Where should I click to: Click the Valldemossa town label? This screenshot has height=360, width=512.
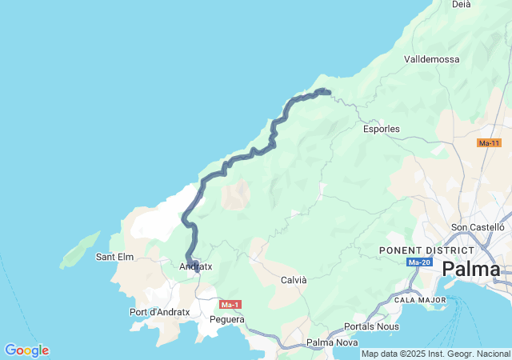[432, 59]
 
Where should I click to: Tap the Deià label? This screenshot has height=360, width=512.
[462, 4]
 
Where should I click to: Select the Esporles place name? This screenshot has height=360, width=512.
[381, 128]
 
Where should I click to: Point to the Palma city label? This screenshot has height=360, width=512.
[471, 269]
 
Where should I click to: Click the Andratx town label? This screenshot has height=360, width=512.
[196, 266]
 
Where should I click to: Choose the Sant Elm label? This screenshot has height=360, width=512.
[114, 257]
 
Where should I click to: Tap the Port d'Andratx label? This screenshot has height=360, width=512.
[159, 312]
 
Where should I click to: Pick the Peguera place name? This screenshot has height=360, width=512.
[226, 319]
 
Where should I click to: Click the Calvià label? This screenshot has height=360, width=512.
[294, 280]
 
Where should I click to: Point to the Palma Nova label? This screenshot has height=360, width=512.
[332, 343]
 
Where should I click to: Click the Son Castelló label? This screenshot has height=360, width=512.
[479, 228]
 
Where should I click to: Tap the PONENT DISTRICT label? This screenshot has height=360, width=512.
[416, 250]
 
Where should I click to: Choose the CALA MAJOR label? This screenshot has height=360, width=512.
[420, 299]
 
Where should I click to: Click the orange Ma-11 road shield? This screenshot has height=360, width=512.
[489, 143]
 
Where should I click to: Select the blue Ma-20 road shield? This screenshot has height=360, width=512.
[419, 262]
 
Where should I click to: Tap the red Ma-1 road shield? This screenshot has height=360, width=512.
[230, 305]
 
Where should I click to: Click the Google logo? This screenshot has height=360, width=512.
[26, 350]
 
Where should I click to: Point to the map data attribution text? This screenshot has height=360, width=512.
[435, 354]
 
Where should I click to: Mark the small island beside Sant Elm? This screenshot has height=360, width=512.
[80, 249]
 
